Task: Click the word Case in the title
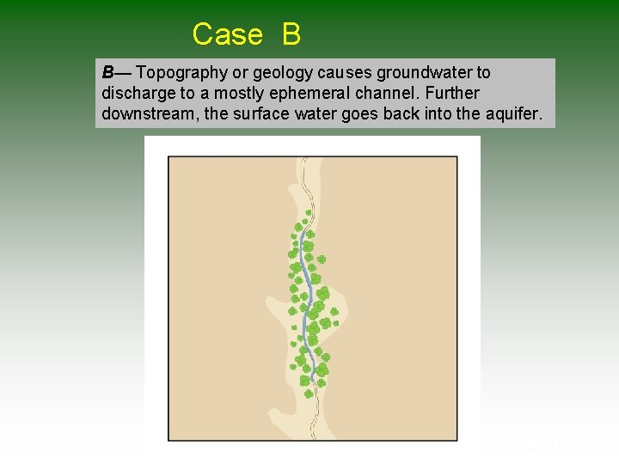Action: (227, 34)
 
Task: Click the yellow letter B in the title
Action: (291, 34)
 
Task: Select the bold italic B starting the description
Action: (108, 73)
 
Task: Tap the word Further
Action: (452, 93)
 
